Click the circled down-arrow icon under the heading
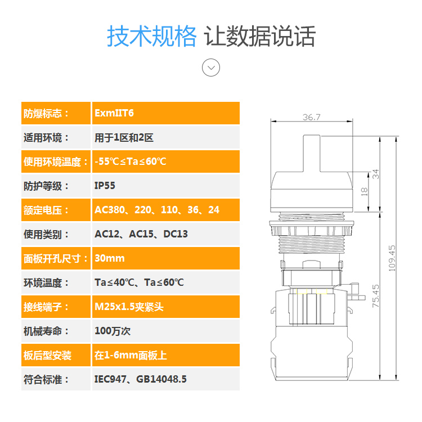[x=211, y=68]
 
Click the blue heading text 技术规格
[x=152, y=37]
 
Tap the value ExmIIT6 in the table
[x=114, y=113]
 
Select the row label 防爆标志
[x=46, y=113]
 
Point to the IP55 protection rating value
[x=105, y=186]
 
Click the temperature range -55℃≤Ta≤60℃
[x=131, y=161]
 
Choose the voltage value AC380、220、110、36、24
[x=157, y=210]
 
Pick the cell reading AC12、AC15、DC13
[x=141, y=234]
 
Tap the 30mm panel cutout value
[x=110, y=258]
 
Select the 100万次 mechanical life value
[x=113, y=331]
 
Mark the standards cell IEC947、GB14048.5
[x=141, y=379]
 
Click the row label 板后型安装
[x=48, y=355]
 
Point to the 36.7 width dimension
[x=311, y=117]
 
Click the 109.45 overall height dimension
[x=392, y=258]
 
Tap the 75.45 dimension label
[x=375, y=295]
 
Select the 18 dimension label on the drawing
[x=363, y=191]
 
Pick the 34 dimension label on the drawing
[x=376, y=174]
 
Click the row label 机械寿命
[x=46, y=331]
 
